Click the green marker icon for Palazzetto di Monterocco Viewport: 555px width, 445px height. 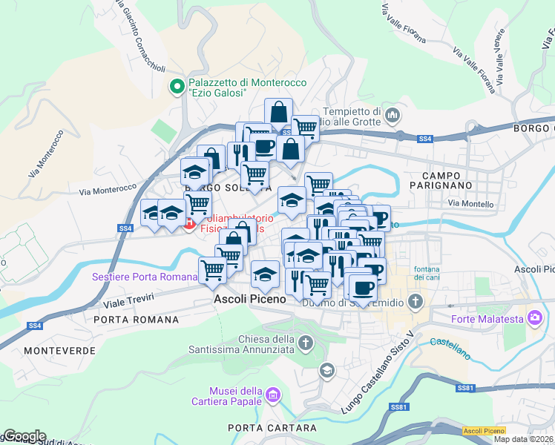(x=177, y=88)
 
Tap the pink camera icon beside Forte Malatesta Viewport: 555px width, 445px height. (x=534, y=318)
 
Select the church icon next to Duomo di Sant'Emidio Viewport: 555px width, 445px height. (x=416, y=301)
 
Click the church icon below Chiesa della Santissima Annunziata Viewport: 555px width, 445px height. (x=306, y=343)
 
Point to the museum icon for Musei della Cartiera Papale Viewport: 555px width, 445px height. (x=274, y=395)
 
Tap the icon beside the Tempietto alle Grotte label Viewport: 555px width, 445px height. (x=393, y=115)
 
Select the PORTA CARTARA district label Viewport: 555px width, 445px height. (x=260, y=428)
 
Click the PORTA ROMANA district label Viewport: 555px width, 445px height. (x=137, y=320)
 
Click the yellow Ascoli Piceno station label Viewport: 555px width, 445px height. (x=483, y=431)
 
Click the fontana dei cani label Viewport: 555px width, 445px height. (x=430, y=272)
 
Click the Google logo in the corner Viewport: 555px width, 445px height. (x=24, y=435)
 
